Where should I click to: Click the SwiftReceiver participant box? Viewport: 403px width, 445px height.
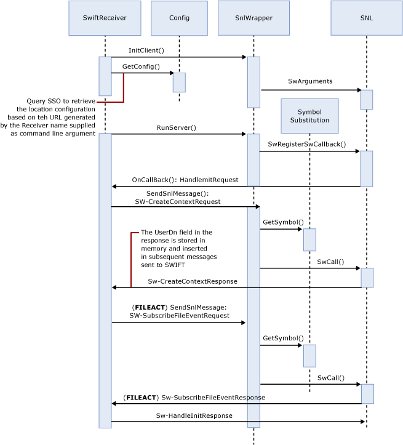(x=105, y=18)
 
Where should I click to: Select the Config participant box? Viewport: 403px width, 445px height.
(x=179, y=18)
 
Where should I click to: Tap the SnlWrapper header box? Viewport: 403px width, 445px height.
(x=253, y=18)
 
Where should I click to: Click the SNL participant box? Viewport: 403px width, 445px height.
(x=366, y=18)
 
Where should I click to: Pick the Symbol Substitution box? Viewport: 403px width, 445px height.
(x=309, y=116)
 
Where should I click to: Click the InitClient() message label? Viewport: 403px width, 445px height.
(x=146, y=50)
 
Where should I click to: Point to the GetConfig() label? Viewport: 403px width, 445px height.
(x=140, y=66)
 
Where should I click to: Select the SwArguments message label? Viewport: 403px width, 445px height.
(x=310, y=81)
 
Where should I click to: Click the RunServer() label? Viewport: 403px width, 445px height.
(x=176, y=127)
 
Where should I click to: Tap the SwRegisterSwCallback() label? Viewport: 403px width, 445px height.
(x=306, y=144)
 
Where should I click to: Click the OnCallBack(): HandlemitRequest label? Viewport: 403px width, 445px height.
(x=185, y=180)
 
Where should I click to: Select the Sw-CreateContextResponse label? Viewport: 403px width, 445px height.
(x=193, y=281)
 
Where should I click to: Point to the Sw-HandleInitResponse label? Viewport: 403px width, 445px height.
(x=194, y=415)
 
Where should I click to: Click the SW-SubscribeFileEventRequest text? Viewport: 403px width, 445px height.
(x=179, y=315)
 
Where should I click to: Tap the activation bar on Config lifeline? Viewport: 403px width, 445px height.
(x=179, y=82)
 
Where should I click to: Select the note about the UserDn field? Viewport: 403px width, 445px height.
(x=178, y=248)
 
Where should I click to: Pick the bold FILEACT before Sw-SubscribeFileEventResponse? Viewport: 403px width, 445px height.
(x=141, y=398)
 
